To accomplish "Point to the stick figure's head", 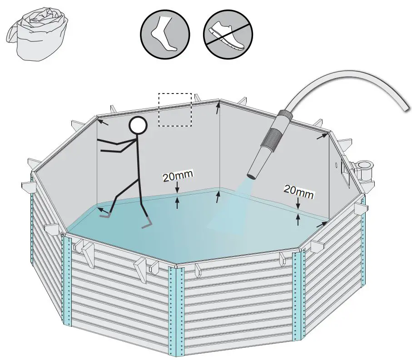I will tap(138, 125).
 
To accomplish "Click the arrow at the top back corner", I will tap(218, 108).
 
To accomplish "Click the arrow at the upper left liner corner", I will tap(103, 122).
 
